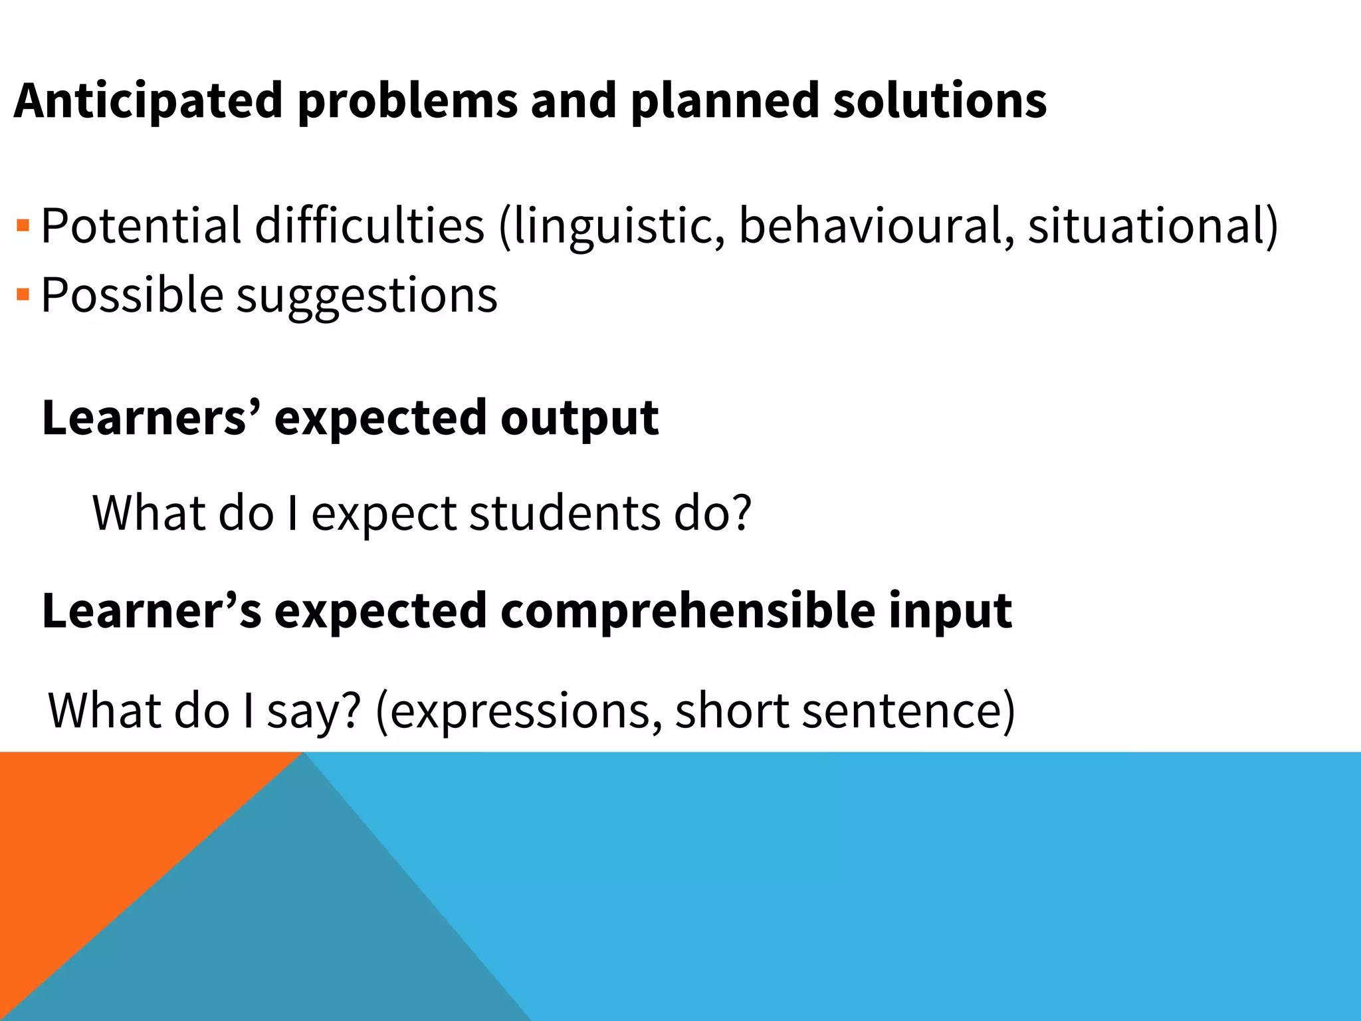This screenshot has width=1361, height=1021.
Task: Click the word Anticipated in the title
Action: (x=148, y=101)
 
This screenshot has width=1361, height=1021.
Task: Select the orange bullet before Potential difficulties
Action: (x=23, y=225)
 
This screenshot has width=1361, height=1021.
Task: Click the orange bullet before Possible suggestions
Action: (x=23, y=294)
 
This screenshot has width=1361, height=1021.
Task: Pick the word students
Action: (x=565, y=513)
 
